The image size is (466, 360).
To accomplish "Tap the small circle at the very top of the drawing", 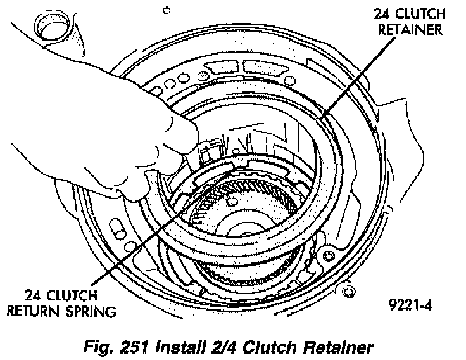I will pos(166,10).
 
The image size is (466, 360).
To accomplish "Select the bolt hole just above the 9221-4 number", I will pos(346,291).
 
